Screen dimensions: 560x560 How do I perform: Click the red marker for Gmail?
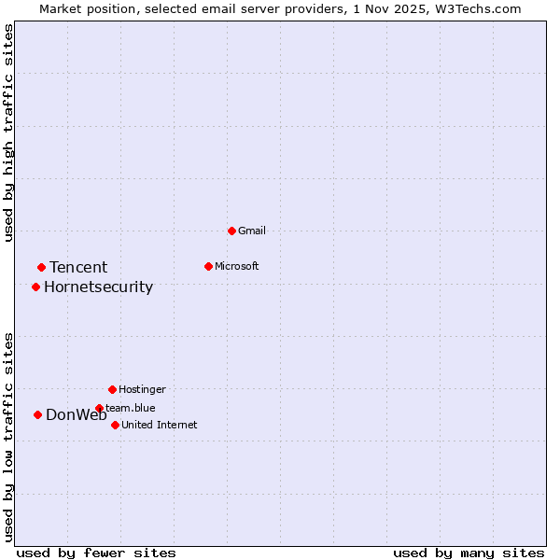231,231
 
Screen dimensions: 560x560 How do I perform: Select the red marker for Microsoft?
208,266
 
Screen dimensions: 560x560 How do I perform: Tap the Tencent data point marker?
41,268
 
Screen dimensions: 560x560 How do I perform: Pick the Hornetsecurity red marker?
35,287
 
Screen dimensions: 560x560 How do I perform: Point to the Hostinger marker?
112,389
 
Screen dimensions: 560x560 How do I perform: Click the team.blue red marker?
99,408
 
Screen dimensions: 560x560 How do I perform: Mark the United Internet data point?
115,425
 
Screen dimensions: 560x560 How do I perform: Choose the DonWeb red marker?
37,414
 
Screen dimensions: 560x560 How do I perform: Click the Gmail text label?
252,231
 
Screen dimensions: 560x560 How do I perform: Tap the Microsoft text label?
236,266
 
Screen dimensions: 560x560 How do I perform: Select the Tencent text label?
78,268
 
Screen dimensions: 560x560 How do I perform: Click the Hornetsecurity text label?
98,287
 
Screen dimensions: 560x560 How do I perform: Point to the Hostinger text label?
142,389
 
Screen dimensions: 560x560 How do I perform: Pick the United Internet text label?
159,425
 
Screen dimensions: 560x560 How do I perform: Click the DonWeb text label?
76,415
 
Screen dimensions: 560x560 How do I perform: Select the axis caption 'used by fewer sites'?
96,553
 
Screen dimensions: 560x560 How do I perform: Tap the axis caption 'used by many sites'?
469,553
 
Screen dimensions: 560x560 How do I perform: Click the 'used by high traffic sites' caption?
8,133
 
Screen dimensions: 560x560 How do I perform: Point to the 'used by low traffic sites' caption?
8,437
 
